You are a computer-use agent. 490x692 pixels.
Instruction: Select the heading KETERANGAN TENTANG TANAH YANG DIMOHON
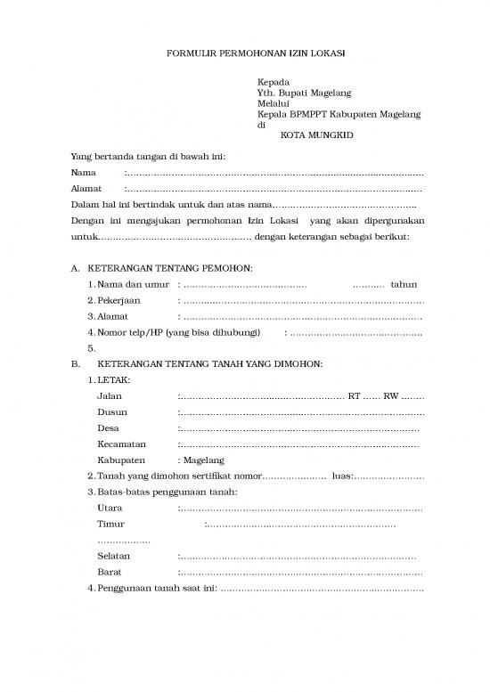(209, 364)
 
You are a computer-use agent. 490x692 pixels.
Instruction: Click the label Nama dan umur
(133, 284)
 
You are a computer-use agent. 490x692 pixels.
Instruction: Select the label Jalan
(110, 396)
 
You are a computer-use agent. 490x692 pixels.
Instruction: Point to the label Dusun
(112, 412)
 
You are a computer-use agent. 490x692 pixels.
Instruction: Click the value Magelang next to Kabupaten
(205, 460)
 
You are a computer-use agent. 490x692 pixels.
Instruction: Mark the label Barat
(110, 572)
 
